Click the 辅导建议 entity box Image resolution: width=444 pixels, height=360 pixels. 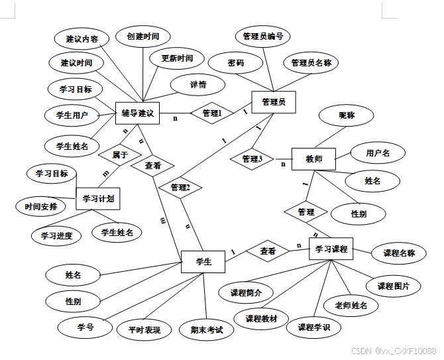(x=137, y=113)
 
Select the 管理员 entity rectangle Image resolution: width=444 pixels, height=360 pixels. (x=274, y=102)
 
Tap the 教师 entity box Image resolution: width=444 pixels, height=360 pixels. (x=314, y=159)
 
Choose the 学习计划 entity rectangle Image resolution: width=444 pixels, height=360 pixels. (x=98, y=198)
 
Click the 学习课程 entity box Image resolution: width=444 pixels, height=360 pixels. (x=331, y=249)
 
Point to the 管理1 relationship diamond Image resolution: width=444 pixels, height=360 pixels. (x=211, y=113)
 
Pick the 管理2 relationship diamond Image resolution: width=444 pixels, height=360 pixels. (x=180, y=188)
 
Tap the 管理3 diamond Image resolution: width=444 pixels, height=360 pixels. (x=252, y=159)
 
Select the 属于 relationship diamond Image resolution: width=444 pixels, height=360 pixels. (x=119, y=154)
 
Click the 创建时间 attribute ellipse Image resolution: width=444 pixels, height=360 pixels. (x=142, y=36)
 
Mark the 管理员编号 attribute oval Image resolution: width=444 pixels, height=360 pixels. (x=262, y=36)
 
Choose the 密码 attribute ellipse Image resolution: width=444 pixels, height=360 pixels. (x=235, y=63)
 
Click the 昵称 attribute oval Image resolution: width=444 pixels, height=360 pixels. (x=347, y=115)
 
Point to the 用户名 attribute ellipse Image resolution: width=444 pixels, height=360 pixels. (x=378, y=153)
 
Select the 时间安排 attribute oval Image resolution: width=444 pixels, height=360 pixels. (x=41, y=206)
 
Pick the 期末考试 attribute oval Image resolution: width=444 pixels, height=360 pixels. (x=207, y=330)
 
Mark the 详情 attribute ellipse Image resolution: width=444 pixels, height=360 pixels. (x=197, y=85)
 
